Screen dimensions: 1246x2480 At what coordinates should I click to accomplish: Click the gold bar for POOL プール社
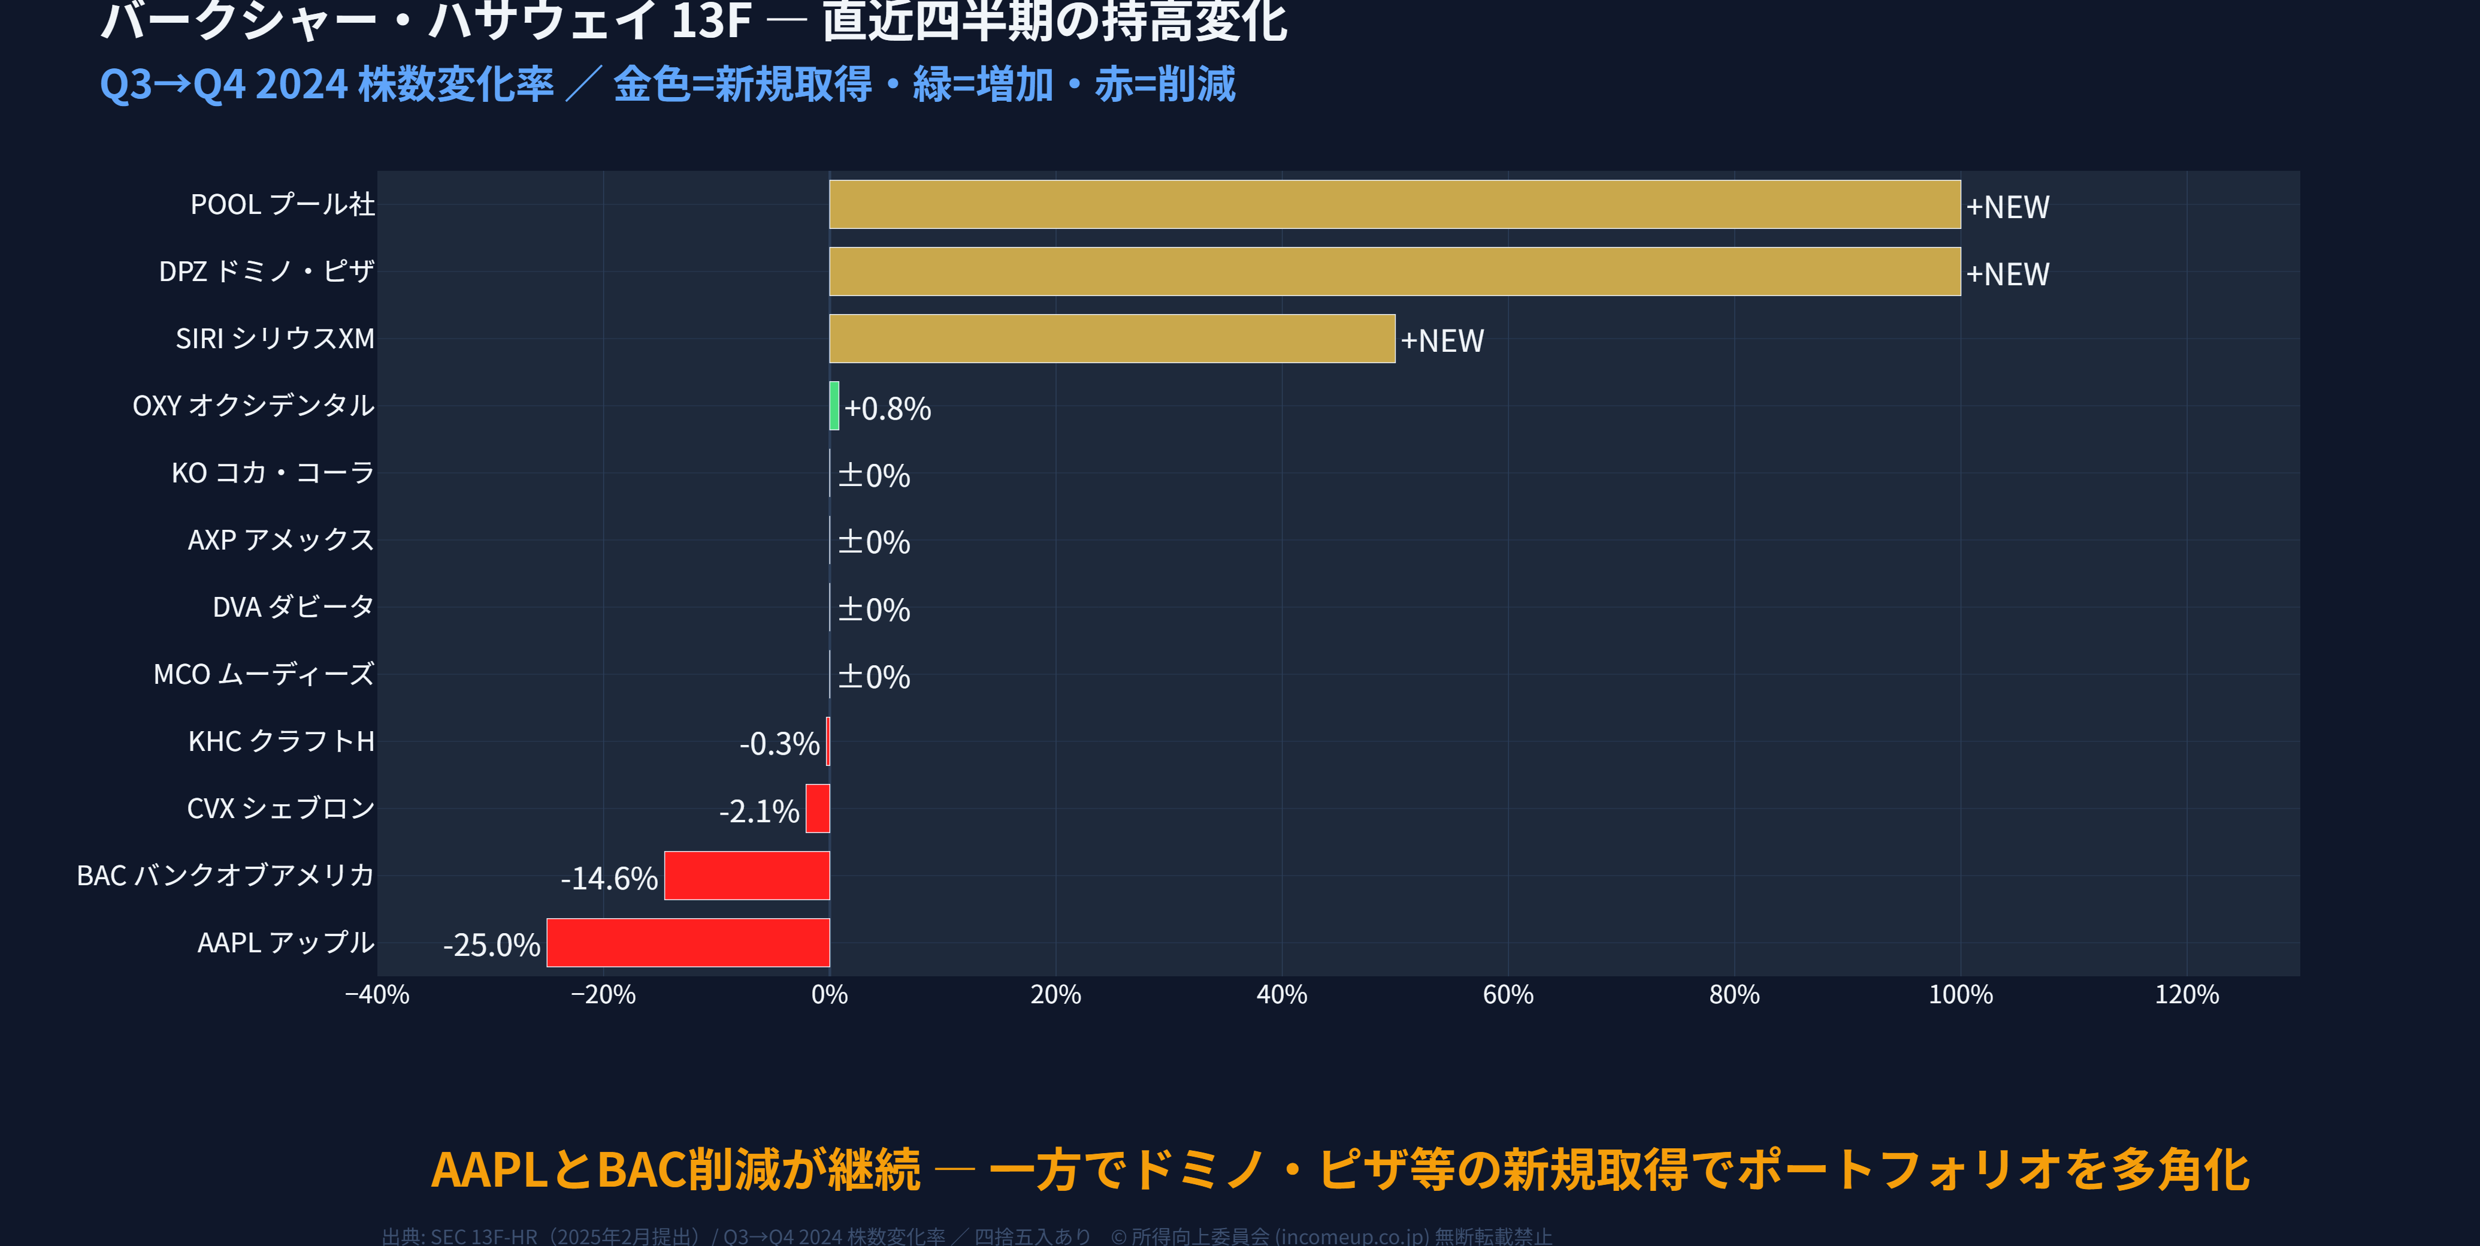click(1394, 204)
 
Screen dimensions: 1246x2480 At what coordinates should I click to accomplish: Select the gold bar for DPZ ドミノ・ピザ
click(1394, 271)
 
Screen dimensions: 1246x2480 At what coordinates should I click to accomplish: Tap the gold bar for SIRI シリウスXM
click(1112, 339)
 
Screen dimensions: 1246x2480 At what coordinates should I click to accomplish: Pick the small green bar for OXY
click(834, 405)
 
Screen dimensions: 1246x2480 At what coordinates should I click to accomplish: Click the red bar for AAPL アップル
click(688, 943)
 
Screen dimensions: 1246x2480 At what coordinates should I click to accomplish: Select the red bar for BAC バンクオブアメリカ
click(746, 875)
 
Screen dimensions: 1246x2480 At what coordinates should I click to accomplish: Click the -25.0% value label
click(491, 945)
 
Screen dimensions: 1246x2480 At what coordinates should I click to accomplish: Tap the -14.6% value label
click(609, 878)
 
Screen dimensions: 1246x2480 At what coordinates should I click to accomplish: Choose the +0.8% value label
click(887, 408)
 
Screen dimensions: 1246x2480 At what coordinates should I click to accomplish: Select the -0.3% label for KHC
click(779, 743)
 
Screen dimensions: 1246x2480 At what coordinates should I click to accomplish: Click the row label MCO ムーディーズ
click(264, 674)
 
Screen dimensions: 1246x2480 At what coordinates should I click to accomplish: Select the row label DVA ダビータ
click(293, 607)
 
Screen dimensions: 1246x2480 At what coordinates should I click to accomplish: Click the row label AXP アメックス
click(280, 540)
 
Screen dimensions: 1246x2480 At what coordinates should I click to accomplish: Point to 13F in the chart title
click(710, 21)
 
